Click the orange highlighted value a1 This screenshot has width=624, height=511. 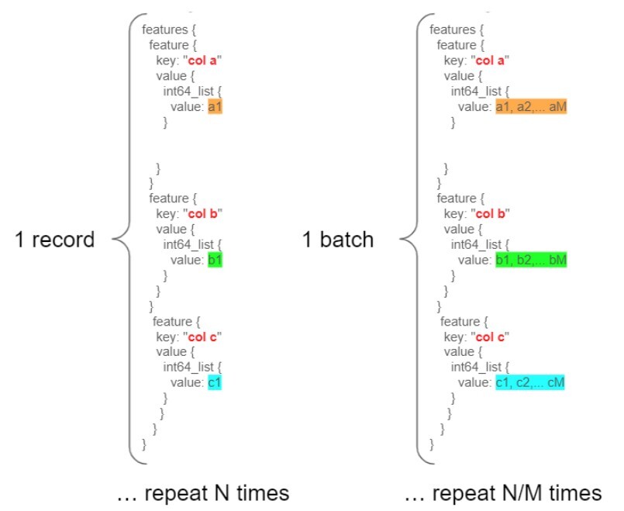(x=215, y=107)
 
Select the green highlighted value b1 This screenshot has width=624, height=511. (x=215, y=260)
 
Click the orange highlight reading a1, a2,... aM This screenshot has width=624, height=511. (x=531, y=107)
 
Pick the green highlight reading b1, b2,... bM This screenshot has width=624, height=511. (x=531, y=260)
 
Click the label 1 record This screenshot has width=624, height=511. (x=54, y=240)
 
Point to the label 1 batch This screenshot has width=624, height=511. (x=338, y=240)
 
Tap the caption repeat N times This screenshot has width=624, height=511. (x=202, y=493)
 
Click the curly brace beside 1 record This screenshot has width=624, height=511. (x=125, y=239)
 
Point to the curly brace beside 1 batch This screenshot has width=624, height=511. (x=412, y=239)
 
